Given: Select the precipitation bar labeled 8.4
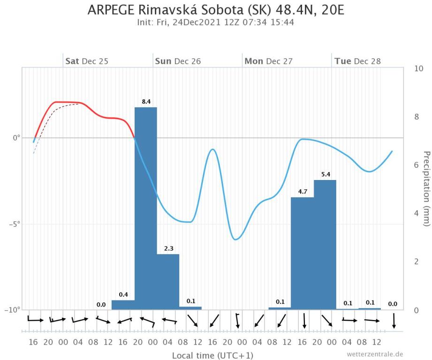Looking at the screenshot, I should [x=145, y=206].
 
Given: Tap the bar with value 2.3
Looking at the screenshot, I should [x=168, y=281].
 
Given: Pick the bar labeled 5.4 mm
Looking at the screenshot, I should [x=325, y=244].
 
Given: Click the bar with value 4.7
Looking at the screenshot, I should [x=303, y=253].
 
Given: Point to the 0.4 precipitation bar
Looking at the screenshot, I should [x=123, y=305].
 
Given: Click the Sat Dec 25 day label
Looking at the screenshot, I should [x=87, y=61].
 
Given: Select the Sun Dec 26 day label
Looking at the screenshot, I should [x=178, y=61].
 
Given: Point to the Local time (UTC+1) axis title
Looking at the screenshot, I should [x=209, y=355].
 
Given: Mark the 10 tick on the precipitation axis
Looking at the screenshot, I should [x=419, y=68].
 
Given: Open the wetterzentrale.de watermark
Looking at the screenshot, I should [x=375, y=354].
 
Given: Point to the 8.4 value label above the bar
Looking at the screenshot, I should [x=145, y=101].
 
